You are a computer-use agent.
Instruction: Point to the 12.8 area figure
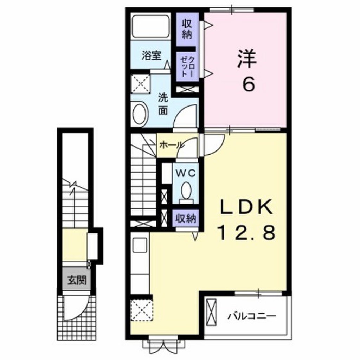(x=246, y=232)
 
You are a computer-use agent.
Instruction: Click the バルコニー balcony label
(x=251, y=315)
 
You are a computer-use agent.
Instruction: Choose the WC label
(x=185, y=173)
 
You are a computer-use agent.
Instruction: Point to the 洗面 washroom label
(x=162, y=103)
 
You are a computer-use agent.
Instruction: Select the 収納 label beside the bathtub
(x=187, y=30)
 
